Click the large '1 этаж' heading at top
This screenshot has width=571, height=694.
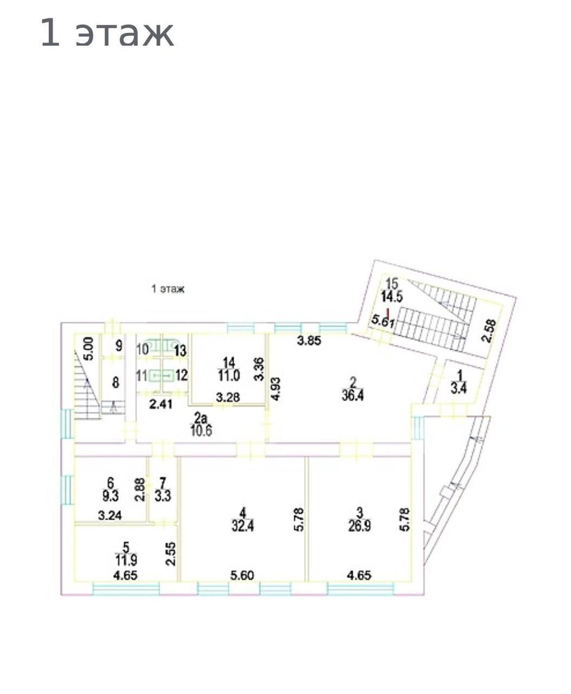tap(107, 33)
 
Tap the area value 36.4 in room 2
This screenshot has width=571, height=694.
tap(353, 396)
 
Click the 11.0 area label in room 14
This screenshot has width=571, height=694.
tap(229, 375)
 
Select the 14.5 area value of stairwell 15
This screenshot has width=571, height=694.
tap(392, 297)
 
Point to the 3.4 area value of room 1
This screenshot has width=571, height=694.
tap(459, 389)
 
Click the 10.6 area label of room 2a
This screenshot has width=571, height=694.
tap(201, 430)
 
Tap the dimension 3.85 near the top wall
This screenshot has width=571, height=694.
tap(309, 340)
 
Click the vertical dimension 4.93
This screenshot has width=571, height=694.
tap(275, 389)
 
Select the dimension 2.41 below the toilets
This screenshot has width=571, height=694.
tap(161, 404)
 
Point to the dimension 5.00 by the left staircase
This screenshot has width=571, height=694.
tap(89, 349)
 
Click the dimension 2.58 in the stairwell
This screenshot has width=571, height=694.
tap(489, 331)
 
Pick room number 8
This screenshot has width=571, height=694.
tap(116, 383)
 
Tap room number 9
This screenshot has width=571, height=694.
tap(119, 345)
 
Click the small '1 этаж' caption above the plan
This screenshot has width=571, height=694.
tap(168, 289)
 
